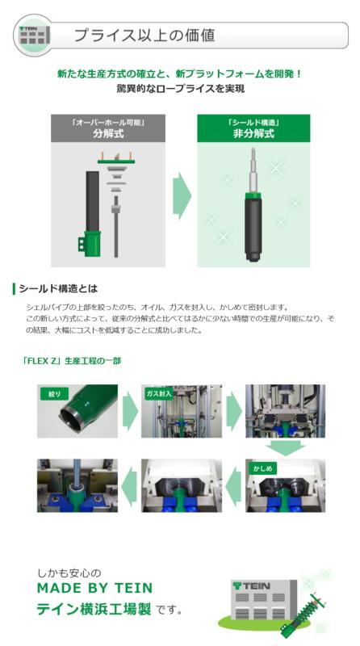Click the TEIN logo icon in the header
point(35,36)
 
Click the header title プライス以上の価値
point(144,36)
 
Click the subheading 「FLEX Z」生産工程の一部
point(72,360)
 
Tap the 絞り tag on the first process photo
point(54,394)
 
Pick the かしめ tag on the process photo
point(265,468)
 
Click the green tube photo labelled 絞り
point(77,413)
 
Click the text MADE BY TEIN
point(94,588)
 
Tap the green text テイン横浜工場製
point(94,609)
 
